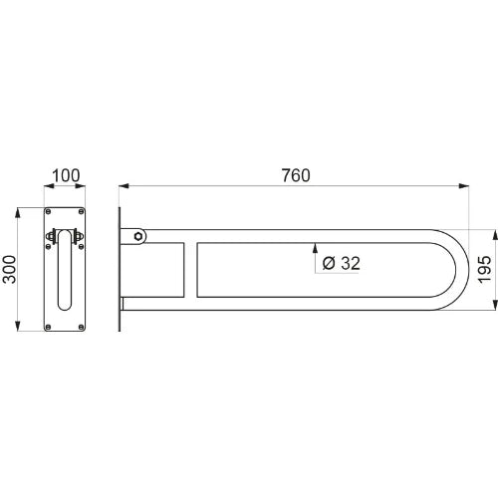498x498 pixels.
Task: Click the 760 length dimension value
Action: [x=296, y=175]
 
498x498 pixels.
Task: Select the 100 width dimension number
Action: [x=66, y=175]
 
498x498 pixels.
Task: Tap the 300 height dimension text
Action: [x=9, y=269]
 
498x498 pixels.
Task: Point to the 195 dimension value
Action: [x=484, y=269]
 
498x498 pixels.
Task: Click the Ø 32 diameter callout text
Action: [x=342, y=263]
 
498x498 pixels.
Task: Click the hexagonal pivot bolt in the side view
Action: [x=138, y=236]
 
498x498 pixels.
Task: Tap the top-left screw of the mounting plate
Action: [x=48, y=211]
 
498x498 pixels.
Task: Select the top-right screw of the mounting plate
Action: [x=81, y=211]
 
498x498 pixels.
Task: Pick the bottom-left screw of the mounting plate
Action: [x=48, y=327]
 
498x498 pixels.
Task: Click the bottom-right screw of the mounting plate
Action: [x=81, y=327]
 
